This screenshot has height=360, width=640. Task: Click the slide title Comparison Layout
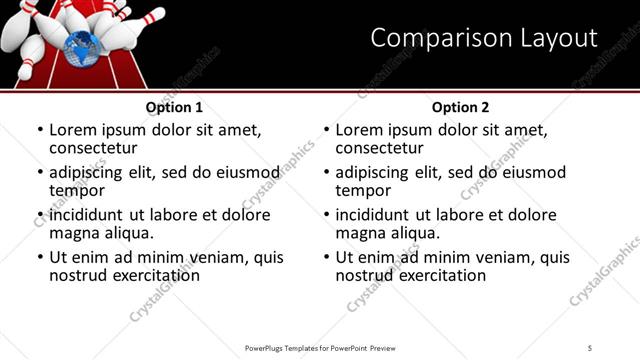pos(484,38)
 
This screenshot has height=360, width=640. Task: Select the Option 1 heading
pos(174,107)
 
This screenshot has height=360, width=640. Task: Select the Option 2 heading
pos(460,107)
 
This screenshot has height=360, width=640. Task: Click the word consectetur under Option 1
pos(91,148)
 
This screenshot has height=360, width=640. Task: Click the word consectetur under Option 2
pos(377,148)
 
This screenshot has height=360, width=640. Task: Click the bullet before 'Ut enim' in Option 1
pos(40,257)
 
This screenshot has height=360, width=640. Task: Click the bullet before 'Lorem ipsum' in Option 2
pos(326,130)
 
